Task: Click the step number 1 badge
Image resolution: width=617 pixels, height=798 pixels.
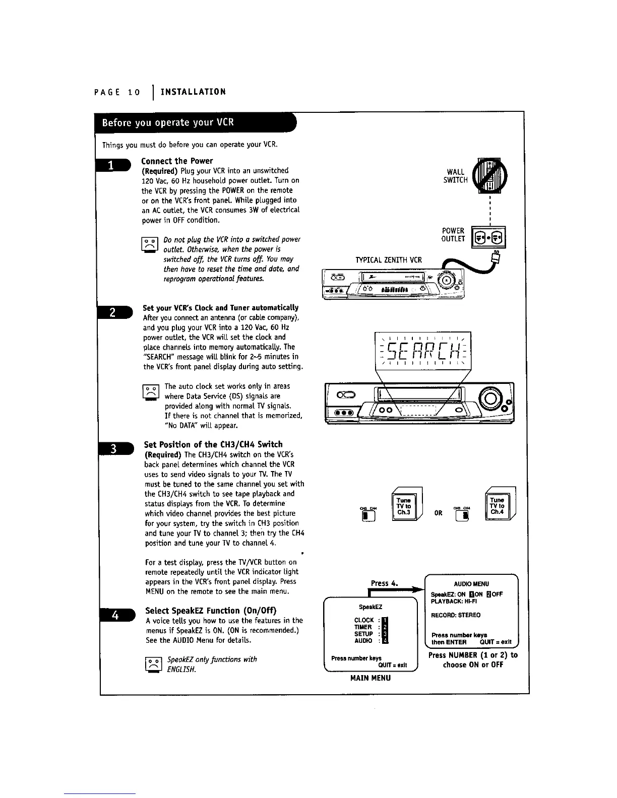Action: [114, 165]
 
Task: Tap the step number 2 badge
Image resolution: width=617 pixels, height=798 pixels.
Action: [114, 313]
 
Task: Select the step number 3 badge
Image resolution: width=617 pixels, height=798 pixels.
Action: [114, 449]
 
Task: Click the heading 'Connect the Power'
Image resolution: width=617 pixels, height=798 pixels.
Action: [177, 161]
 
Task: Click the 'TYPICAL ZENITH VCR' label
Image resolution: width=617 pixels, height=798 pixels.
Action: [389, 260]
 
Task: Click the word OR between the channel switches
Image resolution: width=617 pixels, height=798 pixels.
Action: [439, 513]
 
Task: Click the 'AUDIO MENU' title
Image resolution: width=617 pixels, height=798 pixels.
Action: [471, 584]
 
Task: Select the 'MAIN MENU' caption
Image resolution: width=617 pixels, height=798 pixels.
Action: [371, 678]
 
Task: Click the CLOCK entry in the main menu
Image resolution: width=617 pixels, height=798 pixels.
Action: [364, 620]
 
